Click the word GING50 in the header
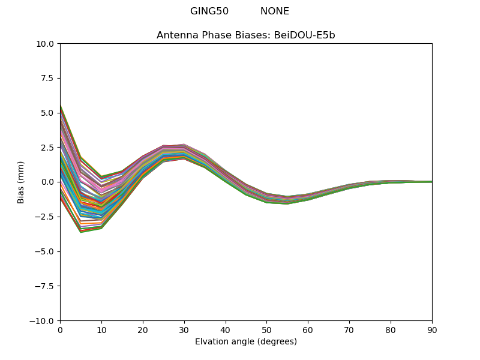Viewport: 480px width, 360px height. pyautogui.click(x=209, y=11)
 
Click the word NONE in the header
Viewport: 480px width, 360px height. pyautogui.click(x=275, y=11)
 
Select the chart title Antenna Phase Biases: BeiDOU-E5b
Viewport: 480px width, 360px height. pyautogui.click(x=246, y=35)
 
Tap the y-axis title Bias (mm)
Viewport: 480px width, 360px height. pyautogui.click(x=21, y=182)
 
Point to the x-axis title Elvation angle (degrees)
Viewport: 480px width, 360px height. pyautogui.click(x=246, y=342)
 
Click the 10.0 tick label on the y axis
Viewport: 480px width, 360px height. pyautogui.click(x=46, y=44)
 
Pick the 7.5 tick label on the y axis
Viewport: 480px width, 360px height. pyautogui.click(x=48, y=78)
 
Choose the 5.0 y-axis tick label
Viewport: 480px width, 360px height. pyautogui.click(x=48, y=113)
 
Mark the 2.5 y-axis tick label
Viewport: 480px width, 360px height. pyautogui.click(x=48, y=148)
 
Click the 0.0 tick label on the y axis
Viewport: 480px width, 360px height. pyautogui.click(x=48, y=182)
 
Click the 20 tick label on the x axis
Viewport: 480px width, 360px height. pyautogui.click(x=143, y=329)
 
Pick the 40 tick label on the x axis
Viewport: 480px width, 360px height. pyautogui.click(x=226, y=329)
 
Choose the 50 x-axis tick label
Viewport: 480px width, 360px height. pyautogui.click(x=266, y=329)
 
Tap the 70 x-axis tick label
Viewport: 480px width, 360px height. pyautogui.click(x=349, y=329)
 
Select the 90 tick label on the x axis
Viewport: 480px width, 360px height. pyautogui.click(x=432, y=329)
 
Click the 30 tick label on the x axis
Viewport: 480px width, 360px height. pyautogui.click(x=184, y=329)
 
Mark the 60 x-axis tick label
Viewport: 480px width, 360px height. pyautogui.click(x=308, y=329)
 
